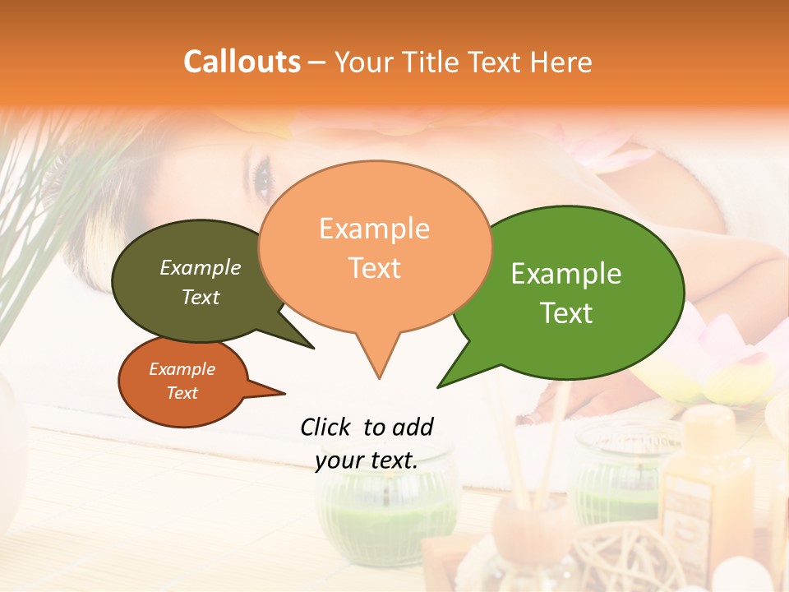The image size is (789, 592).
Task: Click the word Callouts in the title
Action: tap(242, 62)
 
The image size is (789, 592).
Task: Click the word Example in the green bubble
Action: tap(566, 274)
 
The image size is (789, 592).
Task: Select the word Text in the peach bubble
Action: tap(375, 267)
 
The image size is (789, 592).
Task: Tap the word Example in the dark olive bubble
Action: tap(201, 268)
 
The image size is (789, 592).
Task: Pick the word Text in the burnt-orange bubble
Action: tap(182, 393)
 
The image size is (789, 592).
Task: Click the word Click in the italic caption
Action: tap(326, 427)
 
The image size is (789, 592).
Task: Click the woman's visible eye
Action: tap(263, 175)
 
